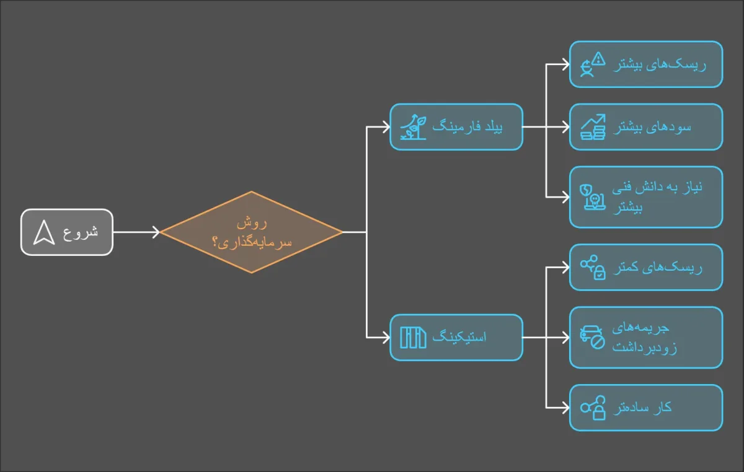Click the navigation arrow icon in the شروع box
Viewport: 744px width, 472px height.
44,232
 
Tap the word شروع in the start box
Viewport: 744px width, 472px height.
81,232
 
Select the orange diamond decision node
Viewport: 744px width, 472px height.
252,232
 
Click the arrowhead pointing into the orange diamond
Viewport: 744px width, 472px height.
156,232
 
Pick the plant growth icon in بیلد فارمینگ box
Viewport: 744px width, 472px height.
413,127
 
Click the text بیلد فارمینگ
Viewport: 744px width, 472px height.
467,126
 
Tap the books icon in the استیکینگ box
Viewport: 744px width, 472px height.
413,338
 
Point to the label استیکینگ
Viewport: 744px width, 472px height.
459,336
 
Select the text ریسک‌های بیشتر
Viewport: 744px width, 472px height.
660,64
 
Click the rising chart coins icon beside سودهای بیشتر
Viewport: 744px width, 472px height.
593,127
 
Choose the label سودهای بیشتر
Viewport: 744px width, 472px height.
652,127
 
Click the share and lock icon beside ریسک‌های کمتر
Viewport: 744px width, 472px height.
593,268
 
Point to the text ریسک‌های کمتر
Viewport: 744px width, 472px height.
658,267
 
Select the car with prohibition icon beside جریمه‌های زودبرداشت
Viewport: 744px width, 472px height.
593,338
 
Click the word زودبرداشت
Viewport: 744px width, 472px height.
645,347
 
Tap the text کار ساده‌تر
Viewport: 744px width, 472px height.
642,408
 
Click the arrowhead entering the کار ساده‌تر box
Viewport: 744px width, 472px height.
565,408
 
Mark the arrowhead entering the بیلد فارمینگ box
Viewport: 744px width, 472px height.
386,127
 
